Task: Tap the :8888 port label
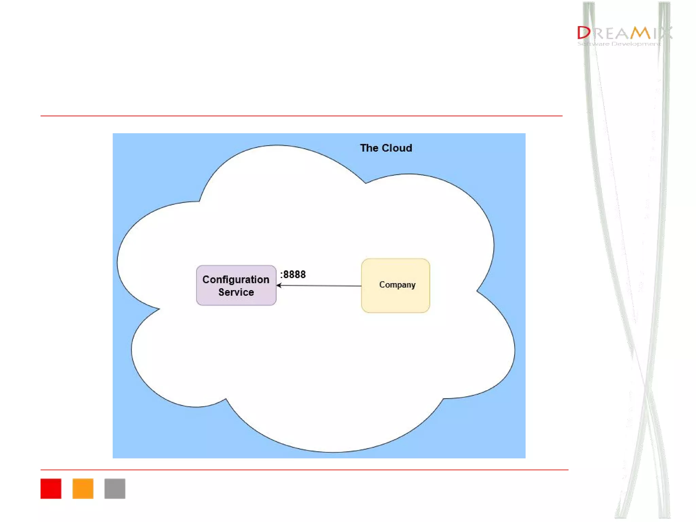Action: pos(293,274)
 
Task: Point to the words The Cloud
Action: pos(386,148)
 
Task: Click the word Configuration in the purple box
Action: pos(236,279)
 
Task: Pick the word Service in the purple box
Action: pos(236,292)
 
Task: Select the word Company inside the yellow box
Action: pos(397,285)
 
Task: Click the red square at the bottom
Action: pos(51,488)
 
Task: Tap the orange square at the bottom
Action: pos(83,488)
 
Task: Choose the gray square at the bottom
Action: pos(115,488)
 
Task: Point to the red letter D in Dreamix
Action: pos(584,33)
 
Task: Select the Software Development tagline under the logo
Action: pos(619,44)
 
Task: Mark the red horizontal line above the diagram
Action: pos(301,116)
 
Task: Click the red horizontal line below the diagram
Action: pos(304,470)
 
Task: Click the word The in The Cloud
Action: pos(369,148)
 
